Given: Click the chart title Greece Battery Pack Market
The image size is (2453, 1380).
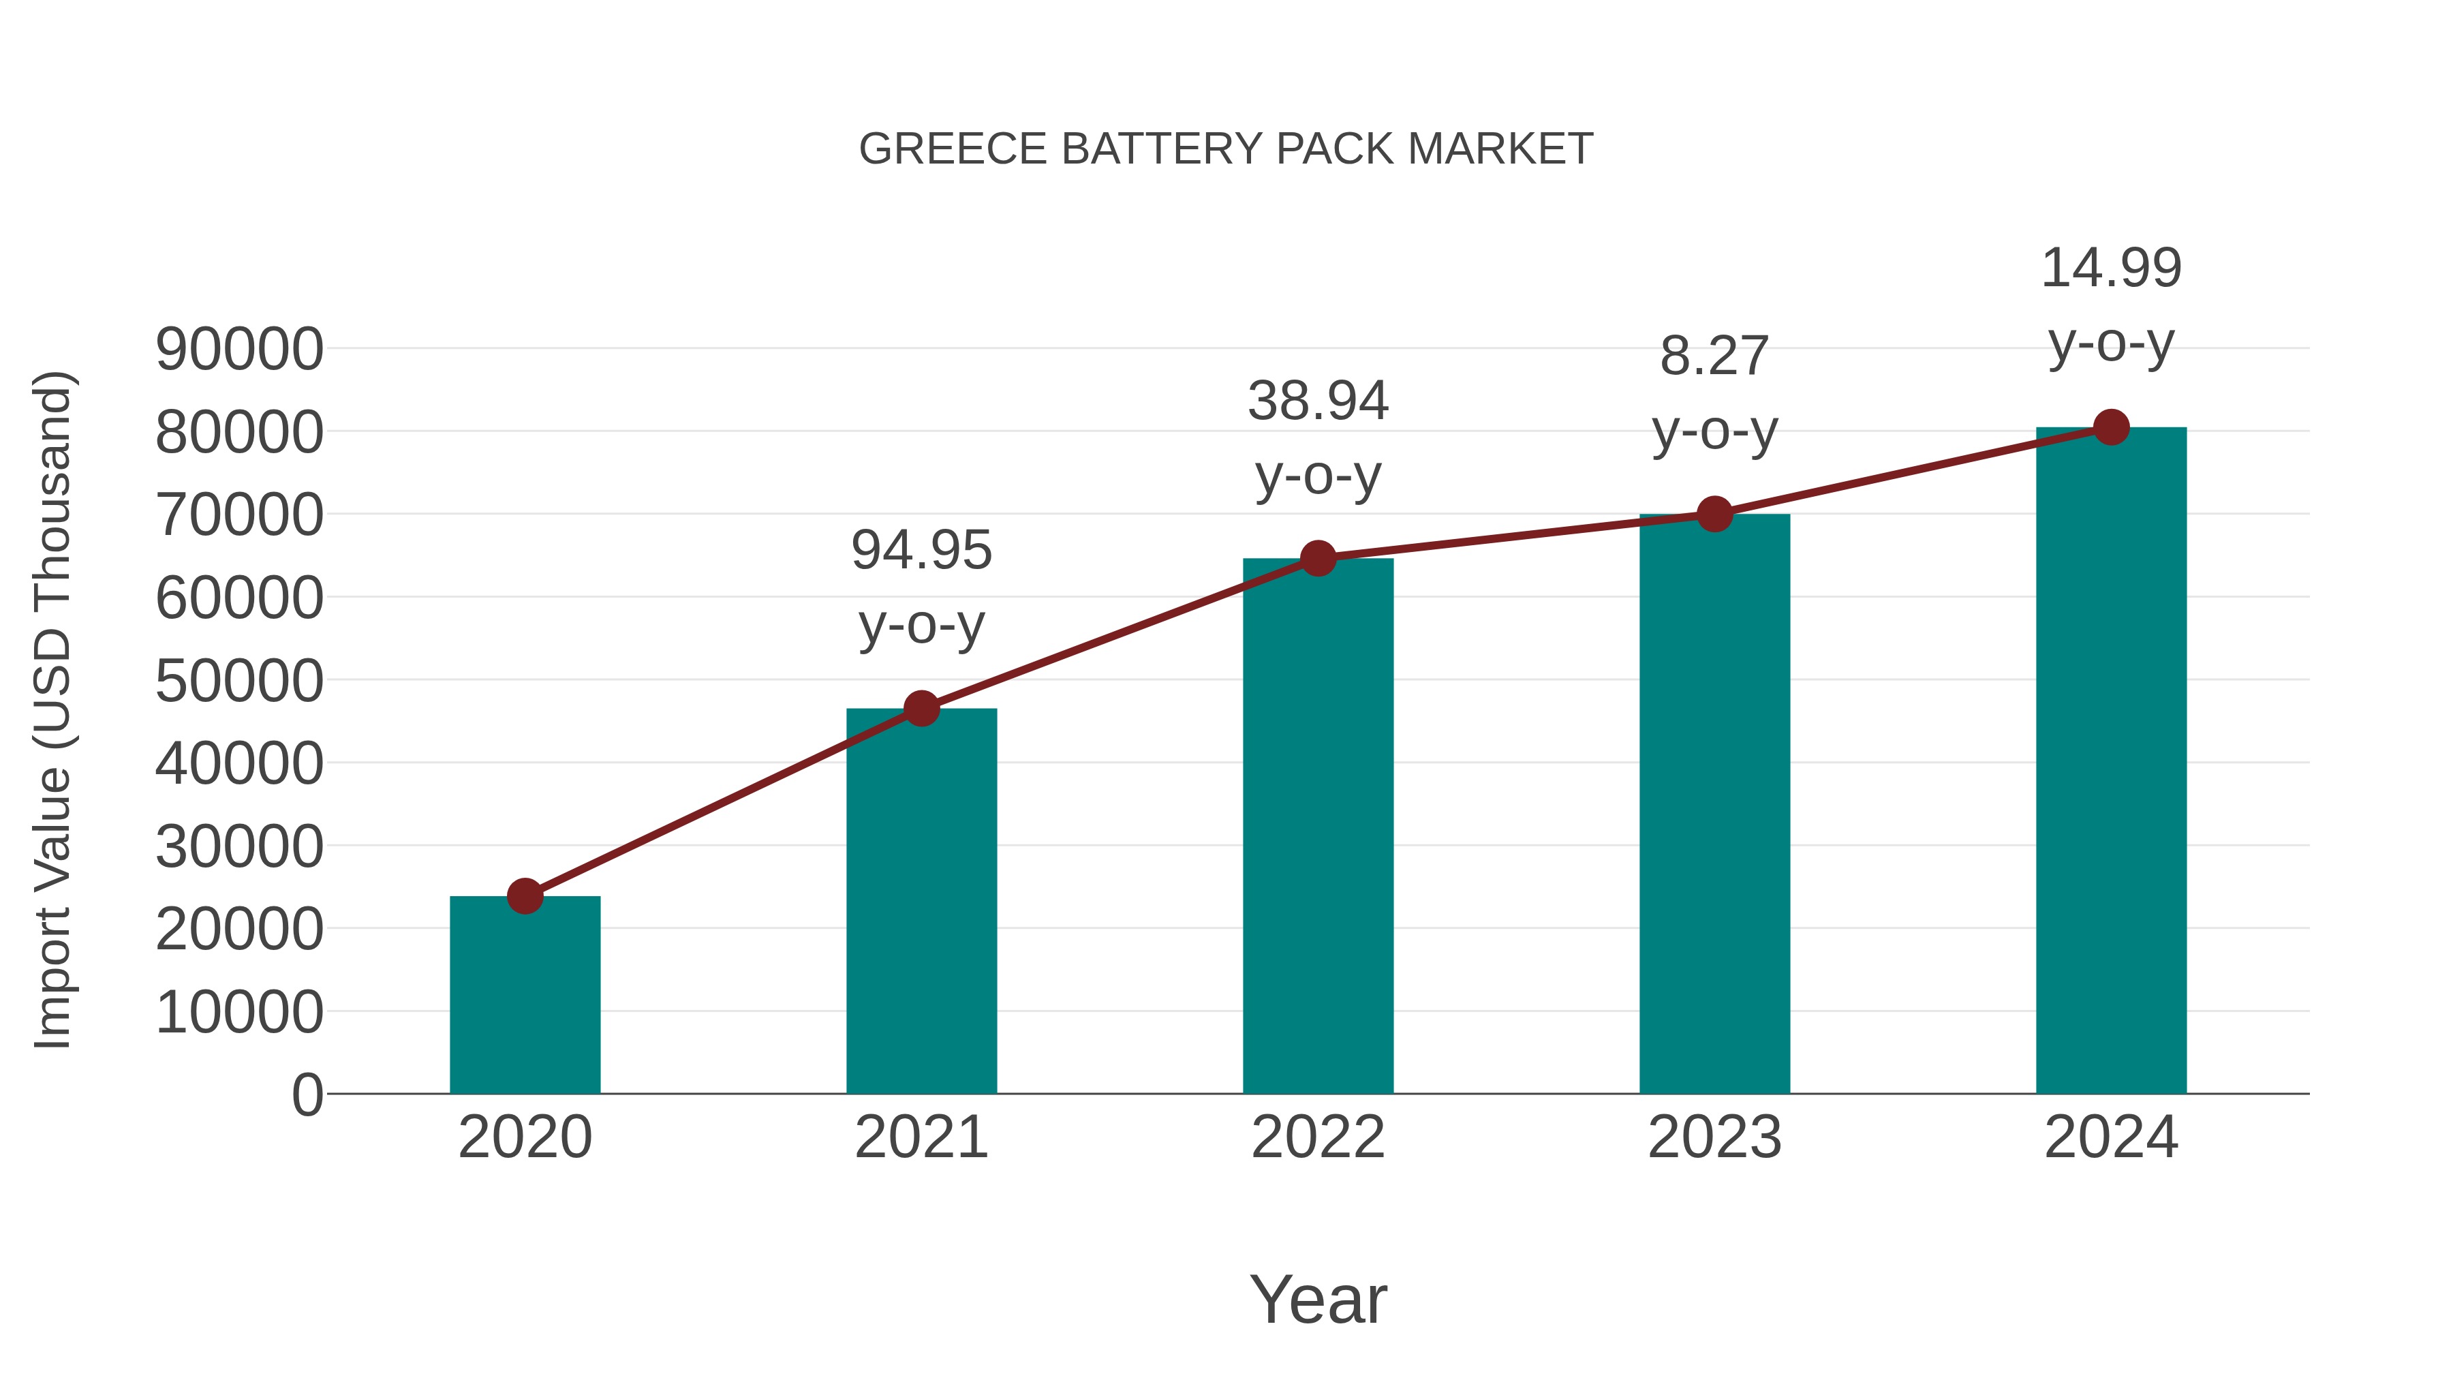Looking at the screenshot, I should point(1226,149).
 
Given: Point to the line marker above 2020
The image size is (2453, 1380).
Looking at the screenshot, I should point(525,896).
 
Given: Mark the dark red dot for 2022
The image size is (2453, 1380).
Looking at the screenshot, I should point(1318,559).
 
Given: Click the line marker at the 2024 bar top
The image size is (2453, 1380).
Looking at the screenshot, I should point(2111,427).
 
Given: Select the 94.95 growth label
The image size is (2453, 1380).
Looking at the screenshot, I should point(921,551).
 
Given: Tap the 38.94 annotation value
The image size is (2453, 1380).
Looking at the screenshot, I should point(1318,401).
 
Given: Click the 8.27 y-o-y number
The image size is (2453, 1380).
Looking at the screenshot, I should point(1714,357).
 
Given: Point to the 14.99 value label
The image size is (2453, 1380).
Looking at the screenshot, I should point(2111,269).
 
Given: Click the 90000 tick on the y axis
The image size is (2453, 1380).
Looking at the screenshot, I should point(239,350).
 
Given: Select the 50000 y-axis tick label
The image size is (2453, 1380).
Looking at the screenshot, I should point(239,682).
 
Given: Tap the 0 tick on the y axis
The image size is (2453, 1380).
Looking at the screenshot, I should point(307,1095).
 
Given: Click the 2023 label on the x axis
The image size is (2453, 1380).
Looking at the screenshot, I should point(1714,1137).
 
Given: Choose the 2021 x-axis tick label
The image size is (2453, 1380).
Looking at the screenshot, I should point(921,1137).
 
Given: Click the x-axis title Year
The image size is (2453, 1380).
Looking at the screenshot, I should point(1318,1299).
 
